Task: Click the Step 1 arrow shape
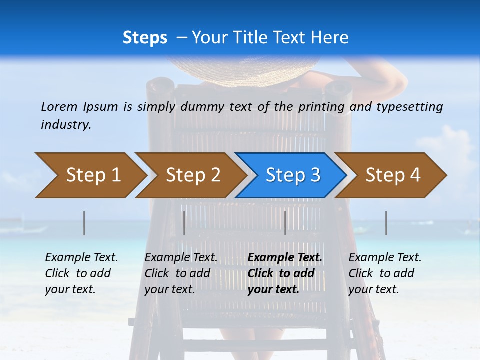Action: [90, 175]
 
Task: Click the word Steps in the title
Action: [145, 38]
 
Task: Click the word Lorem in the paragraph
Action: [59, 106]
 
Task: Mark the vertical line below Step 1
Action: [84, 223]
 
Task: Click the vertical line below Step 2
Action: [184, 223]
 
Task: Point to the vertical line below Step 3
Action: [285, 223]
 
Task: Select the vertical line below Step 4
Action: [386, 223]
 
